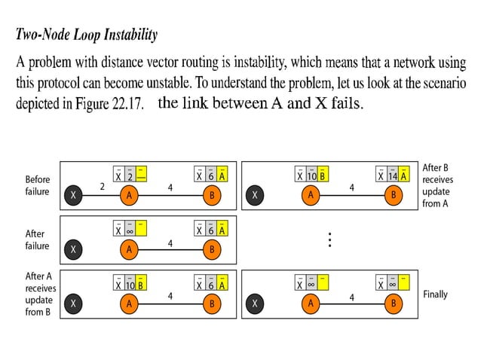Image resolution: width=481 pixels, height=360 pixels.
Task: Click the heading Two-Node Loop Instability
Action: (x=87, y=35)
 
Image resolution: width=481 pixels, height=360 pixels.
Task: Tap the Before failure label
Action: (x=38, y=185)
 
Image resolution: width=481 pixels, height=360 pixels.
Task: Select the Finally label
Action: (x=436, y=294)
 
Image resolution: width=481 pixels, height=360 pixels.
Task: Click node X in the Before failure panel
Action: (x=73, y=195)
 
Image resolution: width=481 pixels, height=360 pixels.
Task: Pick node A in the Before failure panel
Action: (x=129, y=195)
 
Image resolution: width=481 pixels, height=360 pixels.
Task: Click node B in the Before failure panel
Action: (x=212, y=195)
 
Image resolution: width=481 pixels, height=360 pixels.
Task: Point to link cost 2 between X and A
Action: (x=102, y=186)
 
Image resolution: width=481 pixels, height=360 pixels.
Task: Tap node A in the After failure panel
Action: (x=129, y=249)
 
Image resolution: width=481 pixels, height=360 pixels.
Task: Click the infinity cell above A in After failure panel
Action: (x=129, y=230)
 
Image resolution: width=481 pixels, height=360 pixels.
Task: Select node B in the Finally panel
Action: (x=392, y=304)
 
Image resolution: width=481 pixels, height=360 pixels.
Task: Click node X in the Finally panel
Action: (x=256, y=304)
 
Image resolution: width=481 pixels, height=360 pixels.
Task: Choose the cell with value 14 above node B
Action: (x=392, y=176)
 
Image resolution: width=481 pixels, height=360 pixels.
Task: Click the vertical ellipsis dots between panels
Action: (x=329, y=240)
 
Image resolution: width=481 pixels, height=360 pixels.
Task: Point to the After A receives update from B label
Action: (x=40, y=294)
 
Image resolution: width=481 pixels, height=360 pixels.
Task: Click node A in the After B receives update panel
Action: (x=310, y=195)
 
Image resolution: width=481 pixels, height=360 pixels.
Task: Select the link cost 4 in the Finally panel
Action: (x=351, y=297)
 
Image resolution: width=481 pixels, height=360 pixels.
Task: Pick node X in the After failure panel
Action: (x=73, y=249)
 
